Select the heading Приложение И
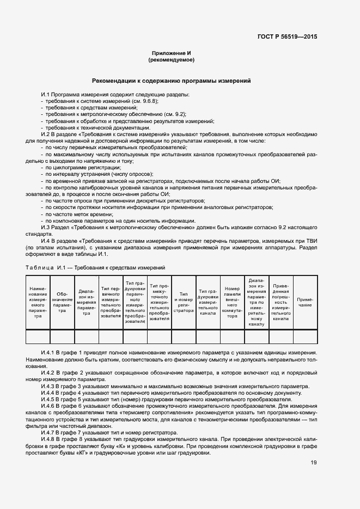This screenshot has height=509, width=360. tap(171, 52)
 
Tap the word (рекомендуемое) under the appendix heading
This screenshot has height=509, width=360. tap(171, 59)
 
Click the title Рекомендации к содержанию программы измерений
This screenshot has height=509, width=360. tap(171, 81)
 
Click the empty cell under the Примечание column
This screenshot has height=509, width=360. tap(305, 336)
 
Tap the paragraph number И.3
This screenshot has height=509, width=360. tap(46, 228)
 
